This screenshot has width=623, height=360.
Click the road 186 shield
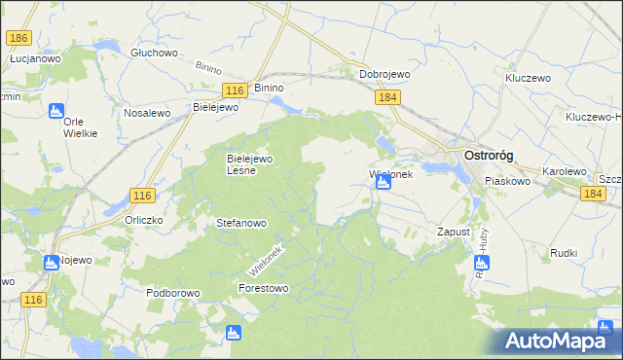pos(18,38)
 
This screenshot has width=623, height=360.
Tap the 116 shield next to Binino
pos(233,90)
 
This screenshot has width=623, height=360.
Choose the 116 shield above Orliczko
pos(141,197)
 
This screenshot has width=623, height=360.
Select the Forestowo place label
pos(264,288)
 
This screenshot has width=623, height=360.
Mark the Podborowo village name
pos(172,293)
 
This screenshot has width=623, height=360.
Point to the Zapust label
pos(454,233)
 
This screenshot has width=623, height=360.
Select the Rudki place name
pos(563,253)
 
